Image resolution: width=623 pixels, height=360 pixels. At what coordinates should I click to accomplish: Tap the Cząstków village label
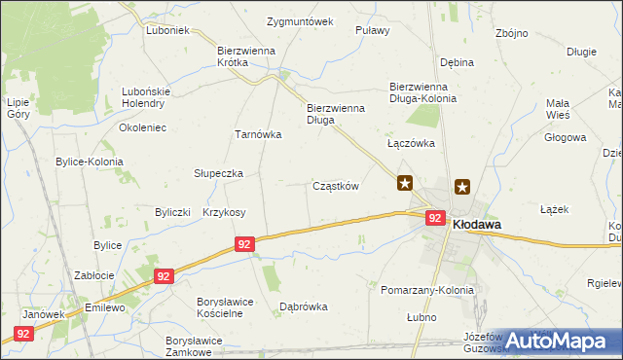pyautogui.click(x=336, y=186)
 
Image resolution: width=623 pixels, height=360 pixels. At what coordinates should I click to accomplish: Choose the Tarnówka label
pyautogui.click(x=257, y=135)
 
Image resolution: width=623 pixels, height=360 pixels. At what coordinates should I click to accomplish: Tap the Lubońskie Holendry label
pyautogui.click(x=146, y=98)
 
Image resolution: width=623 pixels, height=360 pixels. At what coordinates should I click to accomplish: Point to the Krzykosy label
pyautogui.click(x=224, y=212)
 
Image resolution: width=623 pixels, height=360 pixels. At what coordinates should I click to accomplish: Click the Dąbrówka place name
pyautogui.click(x=304, y=306)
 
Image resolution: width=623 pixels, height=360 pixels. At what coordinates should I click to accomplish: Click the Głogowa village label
pyautogui.click(x=566, y=137)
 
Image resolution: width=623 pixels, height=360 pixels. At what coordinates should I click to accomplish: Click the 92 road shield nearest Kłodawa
pyautogui.click(x=435, y=220)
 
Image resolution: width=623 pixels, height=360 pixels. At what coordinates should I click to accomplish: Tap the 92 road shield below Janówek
pyautogui.click(x=23, y=334)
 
